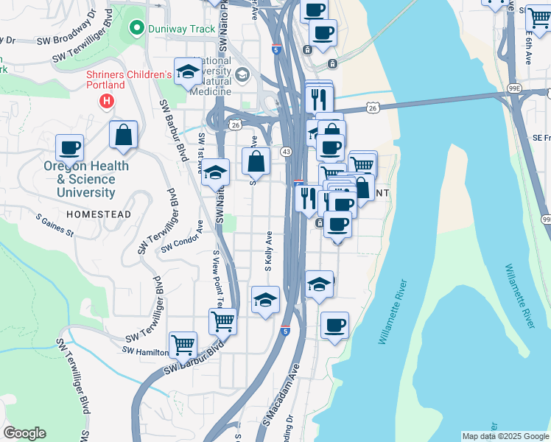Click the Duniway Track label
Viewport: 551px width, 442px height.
[x=181, y=29]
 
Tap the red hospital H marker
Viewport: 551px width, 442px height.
[x=108, y=101]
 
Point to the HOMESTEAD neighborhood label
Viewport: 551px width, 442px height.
[x=98, y=214]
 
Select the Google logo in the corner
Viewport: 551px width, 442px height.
[x=24, y=433]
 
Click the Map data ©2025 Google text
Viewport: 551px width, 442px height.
[x=505, y=436]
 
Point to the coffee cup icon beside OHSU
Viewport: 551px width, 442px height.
[x=70, y=147]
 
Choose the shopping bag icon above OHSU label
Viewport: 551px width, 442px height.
[x=123, y=135]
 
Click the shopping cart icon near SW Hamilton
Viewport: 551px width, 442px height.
[x=183, y=343]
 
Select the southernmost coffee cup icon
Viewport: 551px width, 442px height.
[x=334, y=325]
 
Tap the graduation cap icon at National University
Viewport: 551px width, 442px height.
[x=188, y=71]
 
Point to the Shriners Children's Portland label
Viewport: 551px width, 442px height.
[x=128, y=80]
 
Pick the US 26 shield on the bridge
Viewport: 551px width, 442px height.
[x=373, y=108]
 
